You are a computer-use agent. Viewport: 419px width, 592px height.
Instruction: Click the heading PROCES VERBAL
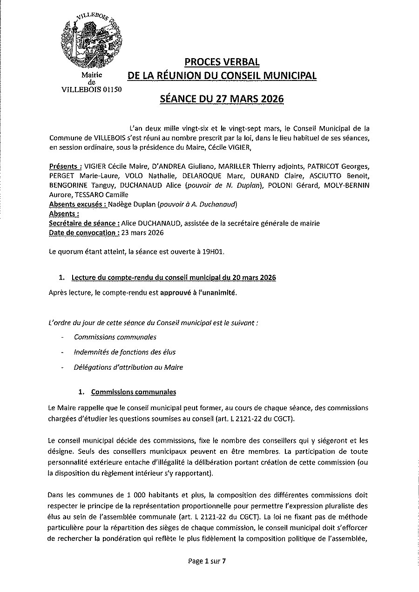pos(222,62)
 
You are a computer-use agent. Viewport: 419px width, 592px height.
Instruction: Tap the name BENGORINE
pos(68,186)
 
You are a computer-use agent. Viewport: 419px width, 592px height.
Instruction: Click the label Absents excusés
pos(77,204)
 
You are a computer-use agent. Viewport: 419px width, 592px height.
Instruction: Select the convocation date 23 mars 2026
pos(143,233)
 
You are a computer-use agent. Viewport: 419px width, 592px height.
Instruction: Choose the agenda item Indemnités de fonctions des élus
pos(124,352)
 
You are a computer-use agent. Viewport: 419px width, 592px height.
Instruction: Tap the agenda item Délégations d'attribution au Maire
pos(128,367)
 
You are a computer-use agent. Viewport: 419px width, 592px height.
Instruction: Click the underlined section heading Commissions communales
pos(133,392)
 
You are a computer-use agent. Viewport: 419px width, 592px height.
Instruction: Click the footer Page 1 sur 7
pos(207,561)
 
